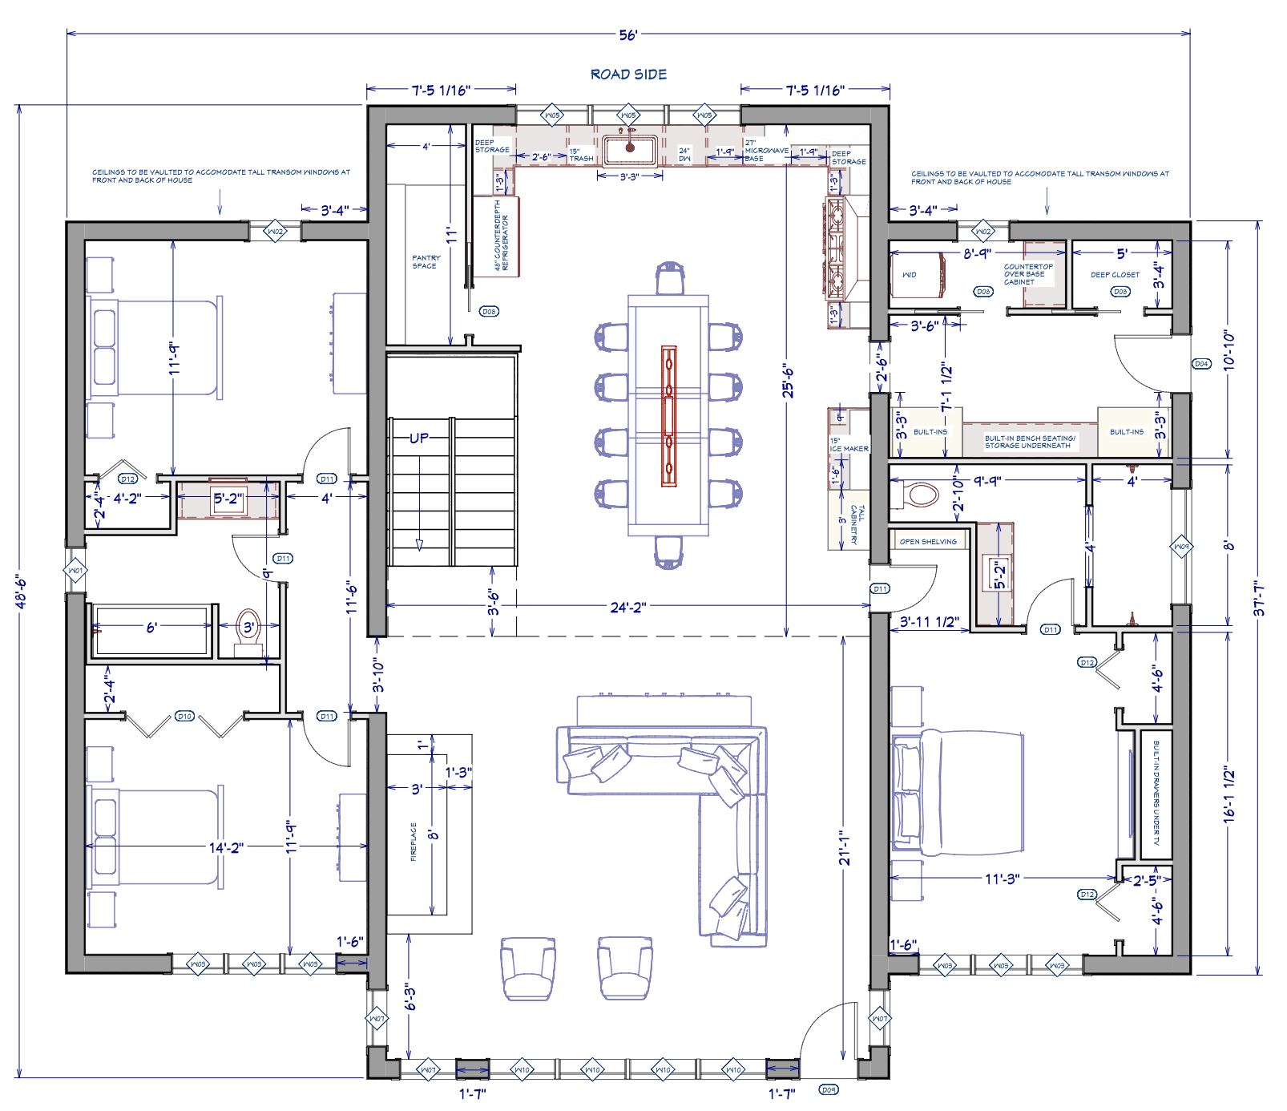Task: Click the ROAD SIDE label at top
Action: coord(628,75)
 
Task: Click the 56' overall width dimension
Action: coord(628,35)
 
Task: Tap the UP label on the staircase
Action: coord(419,438)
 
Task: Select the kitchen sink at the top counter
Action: coord(630,149)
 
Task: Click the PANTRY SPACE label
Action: coord(425,262)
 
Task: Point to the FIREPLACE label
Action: coord(414,842)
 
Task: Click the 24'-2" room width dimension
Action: coord(628,608)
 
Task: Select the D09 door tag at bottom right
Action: coord(829,1089)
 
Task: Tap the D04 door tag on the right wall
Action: coord(1201,364)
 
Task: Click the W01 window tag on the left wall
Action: coord(75,571)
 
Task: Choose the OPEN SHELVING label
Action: coord(928,542)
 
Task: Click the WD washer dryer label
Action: coord(909,275)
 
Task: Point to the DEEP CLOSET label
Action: coord(1114,275)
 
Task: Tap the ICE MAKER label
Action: coord(849,446)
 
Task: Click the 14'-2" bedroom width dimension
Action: coord(226,847)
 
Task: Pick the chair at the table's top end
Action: coord(669,278)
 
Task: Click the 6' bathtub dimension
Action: coord(152,628)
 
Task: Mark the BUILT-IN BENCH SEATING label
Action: coord(1029,442)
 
